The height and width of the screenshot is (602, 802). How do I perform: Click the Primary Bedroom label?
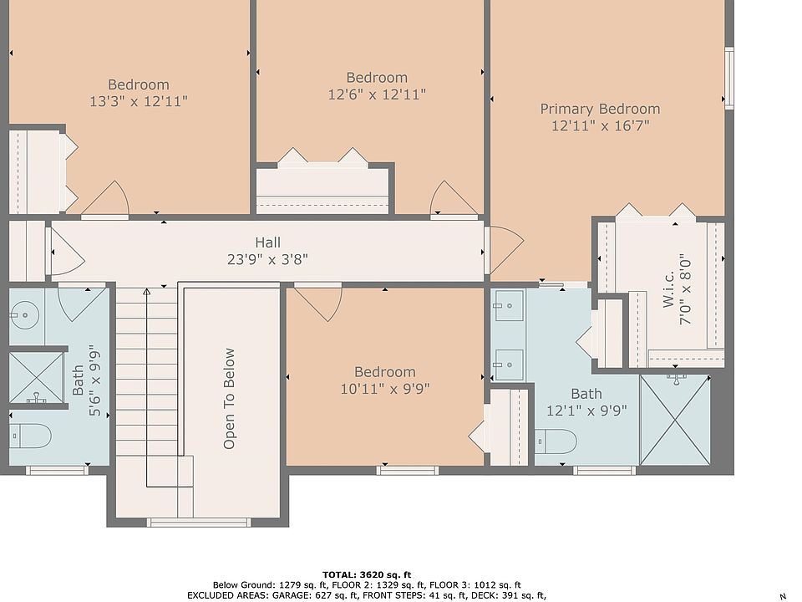tap(600, 109)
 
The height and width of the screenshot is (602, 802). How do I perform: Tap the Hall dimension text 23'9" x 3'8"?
tap(267, 259)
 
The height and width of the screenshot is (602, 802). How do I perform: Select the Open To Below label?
tap(229, 399)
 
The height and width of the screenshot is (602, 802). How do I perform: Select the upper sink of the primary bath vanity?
tap(509, 306)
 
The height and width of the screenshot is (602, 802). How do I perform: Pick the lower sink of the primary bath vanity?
tap(509, 365)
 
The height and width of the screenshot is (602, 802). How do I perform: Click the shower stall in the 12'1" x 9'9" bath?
tap(675, 420)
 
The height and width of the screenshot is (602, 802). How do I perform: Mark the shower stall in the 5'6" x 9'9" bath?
tap(36, 378)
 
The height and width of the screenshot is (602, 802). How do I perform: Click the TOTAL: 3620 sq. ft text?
tap(367, 575)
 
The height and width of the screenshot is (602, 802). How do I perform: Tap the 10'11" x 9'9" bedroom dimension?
tap(385, 389)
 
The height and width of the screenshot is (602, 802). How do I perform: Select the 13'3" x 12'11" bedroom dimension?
tap(139, 101)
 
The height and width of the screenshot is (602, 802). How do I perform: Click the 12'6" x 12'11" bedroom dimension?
tap(377, 94)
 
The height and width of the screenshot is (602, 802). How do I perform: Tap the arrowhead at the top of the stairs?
tap(147, 293)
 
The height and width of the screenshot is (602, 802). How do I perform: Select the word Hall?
tap(267, 242)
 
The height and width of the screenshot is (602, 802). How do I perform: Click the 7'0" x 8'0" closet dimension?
tap(685, 290)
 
